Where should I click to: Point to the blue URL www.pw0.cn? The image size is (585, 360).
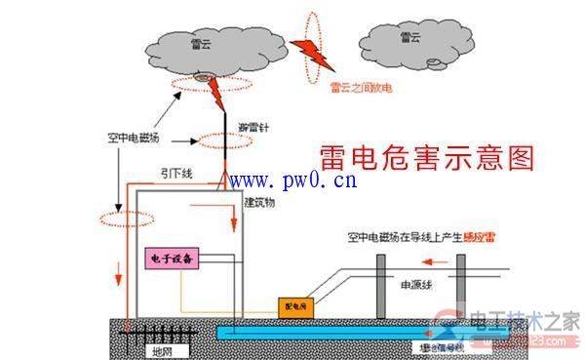pos(292,180)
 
